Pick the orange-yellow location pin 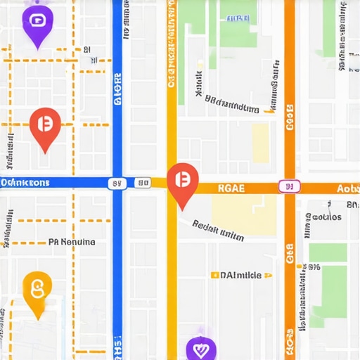[37, 289]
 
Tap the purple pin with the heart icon [200, 348]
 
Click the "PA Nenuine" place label [72, 242]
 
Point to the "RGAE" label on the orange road [231, 188]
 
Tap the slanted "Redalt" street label [217, 230]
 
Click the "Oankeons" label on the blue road [25, 183]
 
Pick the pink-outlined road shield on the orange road [288, 186]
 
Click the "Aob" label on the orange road [347, 188]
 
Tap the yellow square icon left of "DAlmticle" [214, 275]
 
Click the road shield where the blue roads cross [117, 184]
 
